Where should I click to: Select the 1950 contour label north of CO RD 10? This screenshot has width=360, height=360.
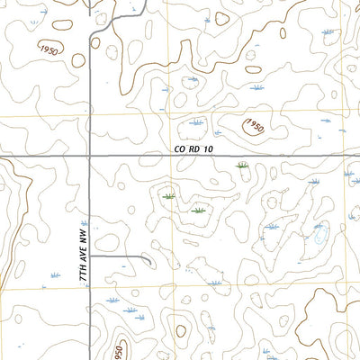(x=253, y=125)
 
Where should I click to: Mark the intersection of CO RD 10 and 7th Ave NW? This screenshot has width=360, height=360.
(x=91, y=156)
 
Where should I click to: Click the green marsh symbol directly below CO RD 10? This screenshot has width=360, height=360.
(x=241, y=166)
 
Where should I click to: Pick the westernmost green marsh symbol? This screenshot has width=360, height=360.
(x=168, y=195)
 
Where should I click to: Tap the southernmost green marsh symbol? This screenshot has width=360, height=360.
(x=198, y=211)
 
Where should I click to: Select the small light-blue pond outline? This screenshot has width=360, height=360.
(x=319, y=238)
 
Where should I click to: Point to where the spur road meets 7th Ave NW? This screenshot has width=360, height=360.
(x=92, y=256)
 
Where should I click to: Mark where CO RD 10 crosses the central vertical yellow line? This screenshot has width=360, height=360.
(x=174, y=156)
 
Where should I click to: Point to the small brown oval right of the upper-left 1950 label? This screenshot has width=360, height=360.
(x=78, y=60)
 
